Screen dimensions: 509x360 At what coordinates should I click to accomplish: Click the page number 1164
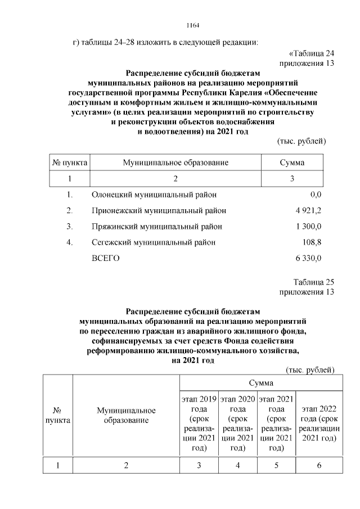193,25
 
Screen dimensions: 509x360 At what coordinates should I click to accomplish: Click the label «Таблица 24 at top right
307,53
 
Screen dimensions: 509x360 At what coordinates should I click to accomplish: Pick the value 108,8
312,242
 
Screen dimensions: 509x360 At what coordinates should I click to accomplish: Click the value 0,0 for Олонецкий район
315,195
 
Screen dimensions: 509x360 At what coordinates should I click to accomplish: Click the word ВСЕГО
105,258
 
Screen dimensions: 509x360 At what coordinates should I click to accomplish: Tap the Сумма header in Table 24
292,163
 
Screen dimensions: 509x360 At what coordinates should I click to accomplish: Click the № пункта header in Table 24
69,163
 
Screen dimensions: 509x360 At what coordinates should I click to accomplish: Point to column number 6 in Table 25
319,465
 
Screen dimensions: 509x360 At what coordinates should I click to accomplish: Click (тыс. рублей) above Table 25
310,370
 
